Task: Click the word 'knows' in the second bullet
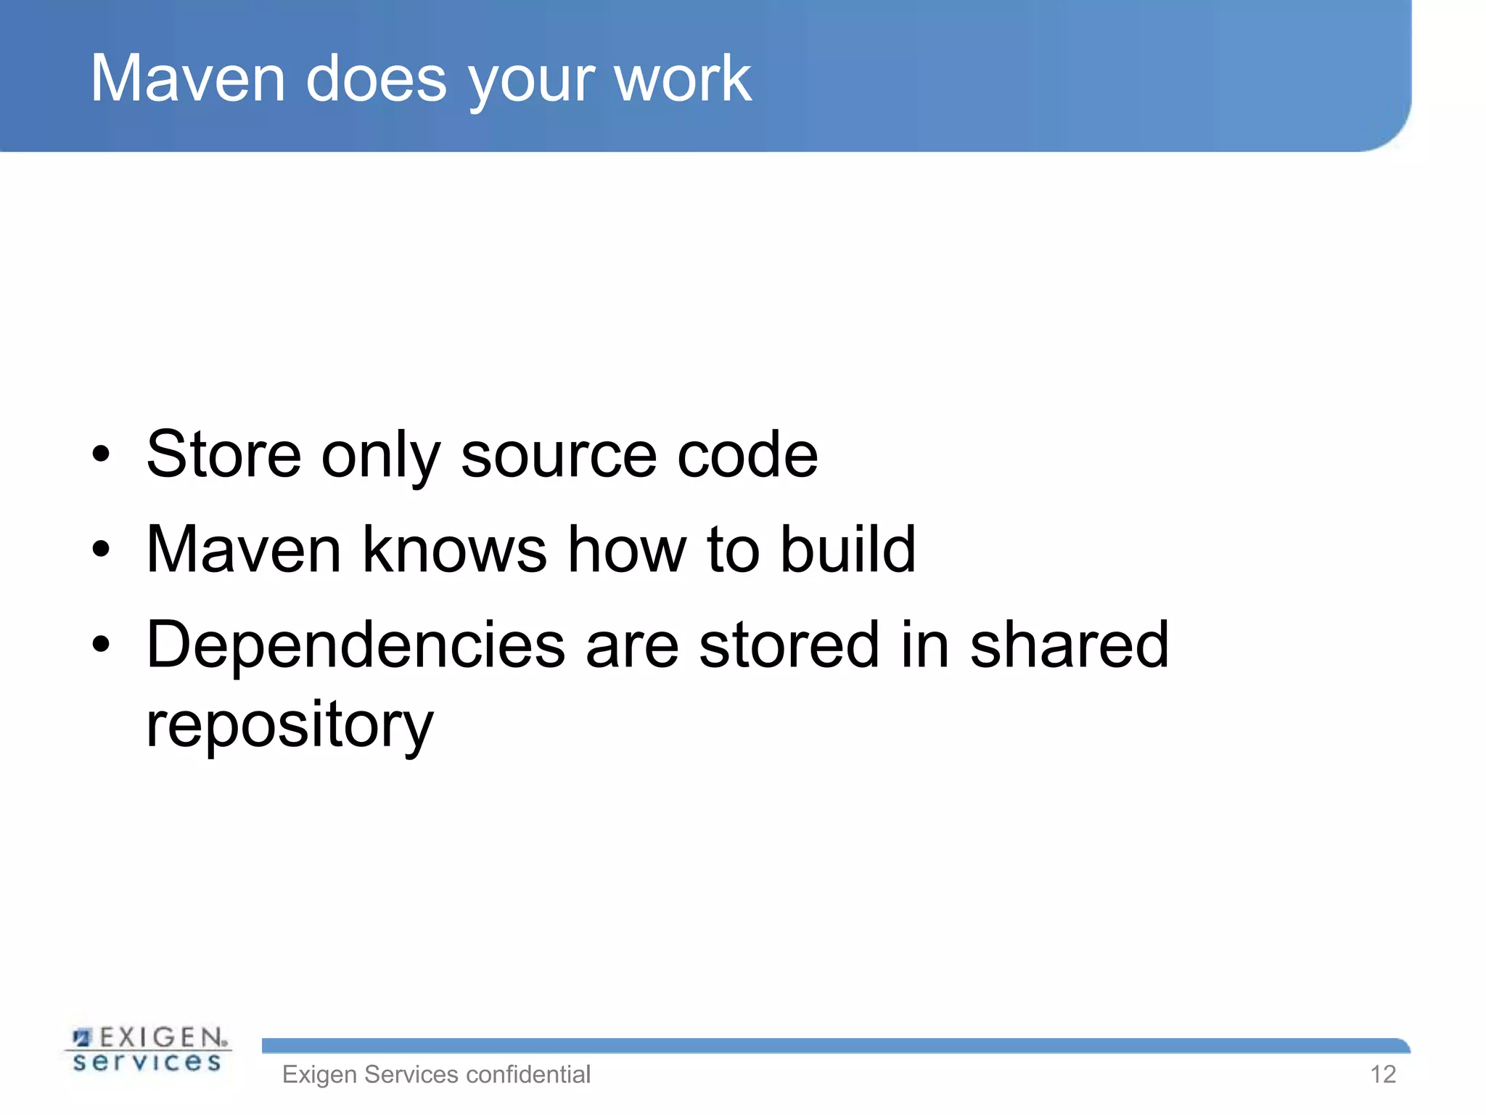click(x=454, y=550)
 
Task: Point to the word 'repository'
click(x=290, y=726)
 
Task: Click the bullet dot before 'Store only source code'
click(x=101, y=455)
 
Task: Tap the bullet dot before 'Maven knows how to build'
click(x=101, y=550)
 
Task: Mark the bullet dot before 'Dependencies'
click(x=101, y=644)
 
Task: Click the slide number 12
click(x=1383, y=1074)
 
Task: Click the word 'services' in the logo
click(x=147, y=1063)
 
